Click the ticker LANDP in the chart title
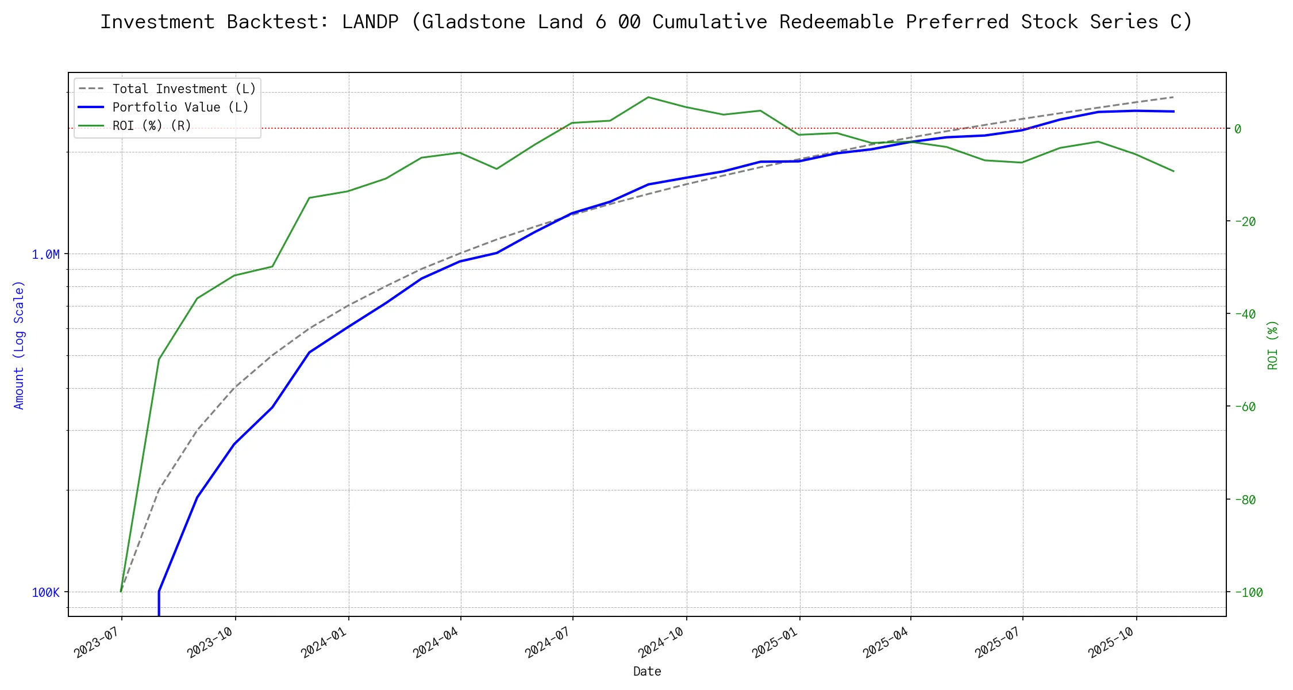pyautogui.click(x=370, y=22)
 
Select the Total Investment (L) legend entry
pyautogui.click(x=183, y=89)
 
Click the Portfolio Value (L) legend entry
pyautogui.click(x=180, y=108)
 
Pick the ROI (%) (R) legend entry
pyautogui.click(x=151, y=126)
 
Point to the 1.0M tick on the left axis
pyautogui.click(x=45, y=254)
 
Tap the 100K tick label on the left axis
pyautogui.click(x=45, y=593)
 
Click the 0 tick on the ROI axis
pyautogui.click(x=1237, y=129)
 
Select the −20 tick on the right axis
pyautogui.click(x=1244, y=221)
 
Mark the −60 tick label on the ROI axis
pyautogui.click(x=1244, y=407)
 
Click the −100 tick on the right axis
pyautogui.click(x=1248, y=592)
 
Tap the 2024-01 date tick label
pyautogui.click(x=325, y=642)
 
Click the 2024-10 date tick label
pyautogui.click(x=662, y=642)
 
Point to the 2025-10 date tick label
pyautogui.click(x=1112, y=642)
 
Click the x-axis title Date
pyautogui.click(x=647, y=672)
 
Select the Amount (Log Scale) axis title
pyautogui.click(x=19, y=345)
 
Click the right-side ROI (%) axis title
pyautogui.click(x=1272, y=345)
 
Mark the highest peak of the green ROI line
pyautogui.click(x=648, y=97)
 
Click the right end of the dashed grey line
pyautogui.click(x=1173, y=97)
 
